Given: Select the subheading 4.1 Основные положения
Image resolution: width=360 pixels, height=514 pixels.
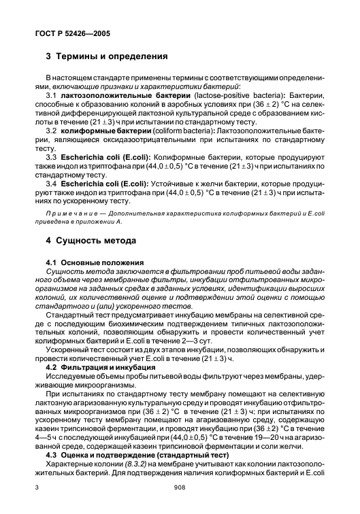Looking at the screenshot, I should [x=95, y=262].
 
